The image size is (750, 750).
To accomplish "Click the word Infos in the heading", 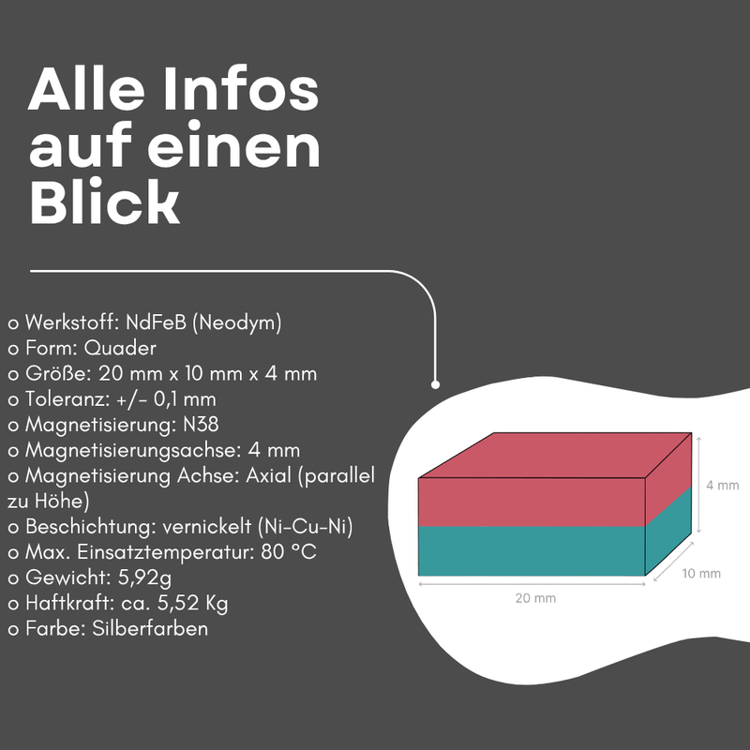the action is click(x=240, y=88).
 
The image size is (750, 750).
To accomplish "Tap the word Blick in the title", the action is click(x=104, y=201).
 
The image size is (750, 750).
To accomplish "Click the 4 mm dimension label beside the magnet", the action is click(x=722, y=485).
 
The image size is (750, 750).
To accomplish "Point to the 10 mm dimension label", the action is click(x=700, y=573).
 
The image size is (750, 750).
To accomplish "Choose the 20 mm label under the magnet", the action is click(x=535, y=598).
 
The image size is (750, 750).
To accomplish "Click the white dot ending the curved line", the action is click(x=435, y=384).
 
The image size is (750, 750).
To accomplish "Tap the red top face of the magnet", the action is click(x=555, y=455).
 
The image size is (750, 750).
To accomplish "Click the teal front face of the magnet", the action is click(x=532, y=550).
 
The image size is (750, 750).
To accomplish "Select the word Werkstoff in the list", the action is click(x=71, y=322).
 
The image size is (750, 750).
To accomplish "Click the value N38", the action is click(x=201, y=425).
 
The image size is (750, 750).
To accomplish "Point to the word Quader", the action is click(x=120, y=348).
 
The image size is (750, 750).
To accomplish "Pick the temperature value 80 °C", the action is click(x=289, y=552).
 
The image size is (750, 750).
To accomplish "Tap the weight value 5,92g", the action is click(x=144, y=577).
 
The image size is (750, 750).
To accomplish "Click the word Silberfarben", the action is click(x=150, y=628).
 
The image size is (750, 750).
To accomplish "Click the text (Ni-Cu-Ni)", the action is click(x=306, y=527).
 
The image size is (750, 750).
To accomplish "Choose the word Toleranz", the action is click(x=67, y=399).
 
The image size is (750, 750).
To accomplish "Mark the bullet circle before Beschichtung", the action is click(x=13, y=528).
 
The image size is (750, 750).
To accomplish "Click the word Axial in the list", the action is click(x=268, y=475).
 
